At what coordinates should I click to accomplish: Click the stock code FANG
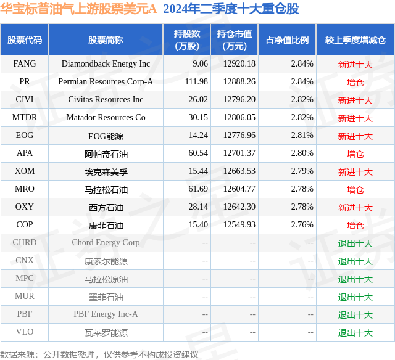click(24, 63)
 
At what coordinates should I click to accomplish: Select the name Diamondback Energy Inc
click(106, 63)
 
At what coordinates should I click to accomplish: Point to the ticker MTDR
click(24, 117)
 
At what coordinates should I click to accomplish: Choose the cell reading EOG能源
click(106, 136)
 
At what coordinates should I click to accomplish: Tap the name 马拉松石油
click(106, 189)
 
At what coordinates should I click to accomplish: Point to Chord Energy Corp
click(106, 243)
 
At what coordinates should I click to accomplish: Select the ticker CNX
click(24, 261)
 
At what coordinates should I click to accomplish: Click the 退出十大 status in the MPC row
click(355, 279)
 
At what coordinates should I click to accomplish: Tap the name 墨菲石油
click(106, 297)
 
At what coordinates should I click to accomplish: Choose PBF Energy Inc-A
click(106, 314)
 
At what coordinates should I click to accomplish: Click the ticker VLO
click(24, 332)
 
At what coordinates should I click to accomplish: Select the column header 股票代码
click(24, 40)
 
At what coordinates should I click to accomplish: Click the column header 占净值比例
click(287, 40)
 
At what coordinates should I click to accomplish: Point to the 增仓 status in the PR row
click(355, 82)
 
